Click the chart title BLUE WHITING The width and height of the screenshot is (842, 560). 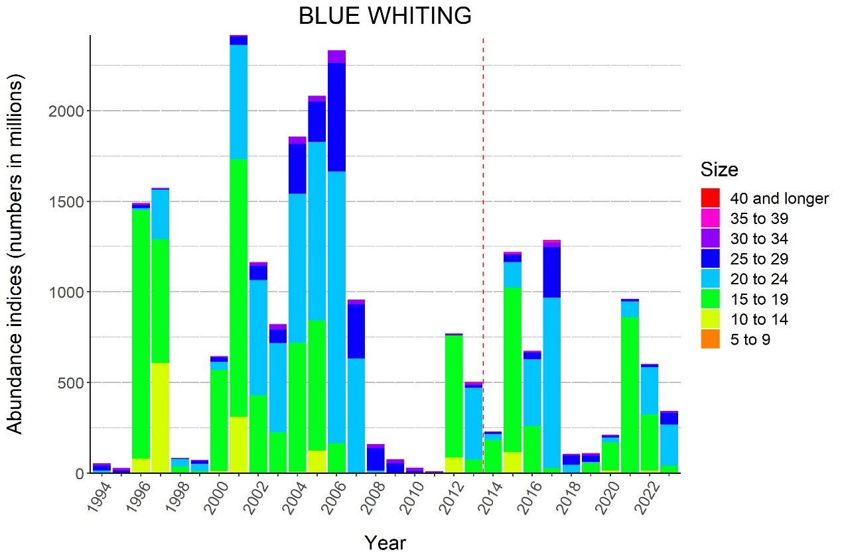pos(385,16)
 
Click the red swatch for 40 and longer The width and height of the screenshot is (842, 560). pos(711,197)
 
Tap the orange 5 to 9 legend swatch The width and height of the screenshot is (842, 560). pos(711,340)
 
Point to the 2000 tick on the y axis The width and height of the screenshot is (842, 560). pos(68,111)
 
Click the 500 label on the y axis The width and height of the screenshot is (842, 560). pos(73,383)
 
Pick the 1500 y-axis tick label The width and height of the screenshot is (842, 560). pos(68,201)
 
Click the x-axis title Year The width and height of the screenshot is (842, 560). pos(385,543)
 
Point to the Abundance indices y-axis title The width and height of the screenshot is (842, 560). pos(16,253)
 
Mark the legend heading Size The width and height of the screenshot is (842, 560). pos(719,170)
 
